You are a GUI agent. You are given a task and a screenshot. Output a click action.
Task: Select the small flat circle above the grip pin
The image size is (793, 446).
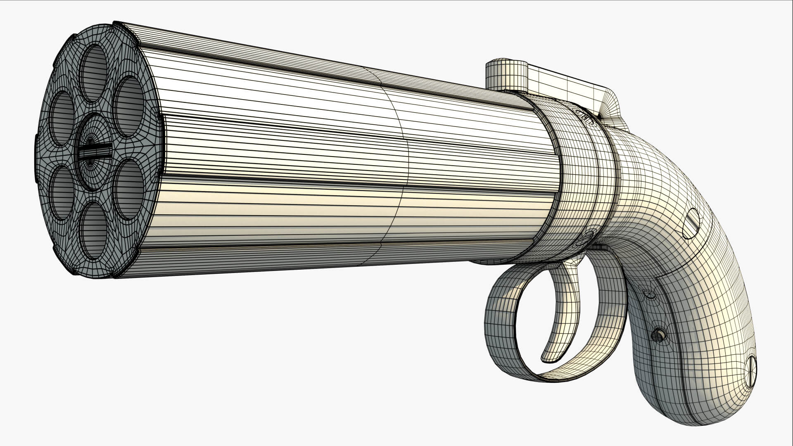click(649, 294)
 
